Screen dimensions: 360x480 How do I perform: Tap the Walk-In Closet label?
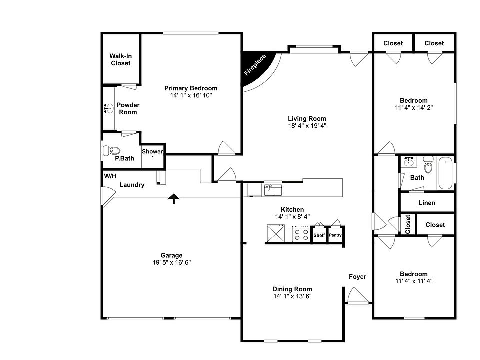(x=120, y=59)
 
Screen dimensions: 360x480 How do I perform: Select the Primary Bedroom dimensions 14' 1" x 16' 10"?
(x=191, y=95)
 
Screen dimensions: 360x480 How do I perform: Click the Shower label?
(x=152, y=151)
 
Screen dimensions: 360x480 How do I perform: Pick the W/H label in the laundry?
(x=110, y=176)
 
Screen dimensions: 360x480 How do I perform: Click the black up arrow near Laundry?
(x=173, y=199)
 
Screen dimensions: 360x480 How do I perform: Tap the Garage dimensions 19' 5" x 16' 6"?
(x=171, y=262)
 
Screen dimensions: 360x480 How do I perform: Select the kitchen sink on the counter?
(x=273, y=190)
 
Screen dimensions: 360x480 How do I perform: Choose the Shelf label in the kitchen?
(x=319, y=235)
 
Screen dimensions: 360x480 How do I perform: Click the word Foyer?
(x=357, y=277)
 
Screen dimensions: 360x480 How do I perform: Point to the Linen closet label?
(x=426, y=203)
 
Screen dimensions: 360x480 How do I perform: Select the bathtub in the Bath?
(x=446, y=173)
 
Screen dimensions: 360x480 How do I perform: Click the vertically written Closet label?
(x=408, y=224)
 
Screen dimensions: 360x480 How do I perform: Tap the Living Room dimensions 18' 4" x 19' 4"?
(x=307, y=126)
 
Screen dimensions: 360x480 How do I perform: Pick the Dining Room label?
(x=292, y=289)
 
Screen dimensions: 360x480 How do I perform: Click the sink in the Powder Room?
(x=109, y=108)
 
